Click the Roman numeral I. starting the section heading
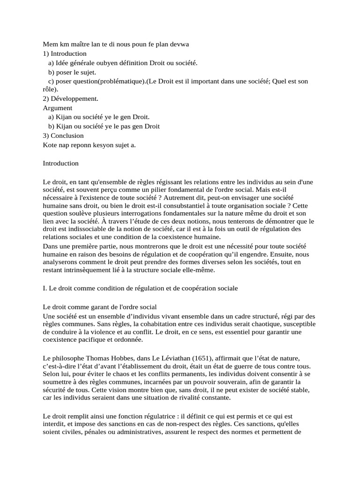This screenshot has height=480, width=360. [45, 288]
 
